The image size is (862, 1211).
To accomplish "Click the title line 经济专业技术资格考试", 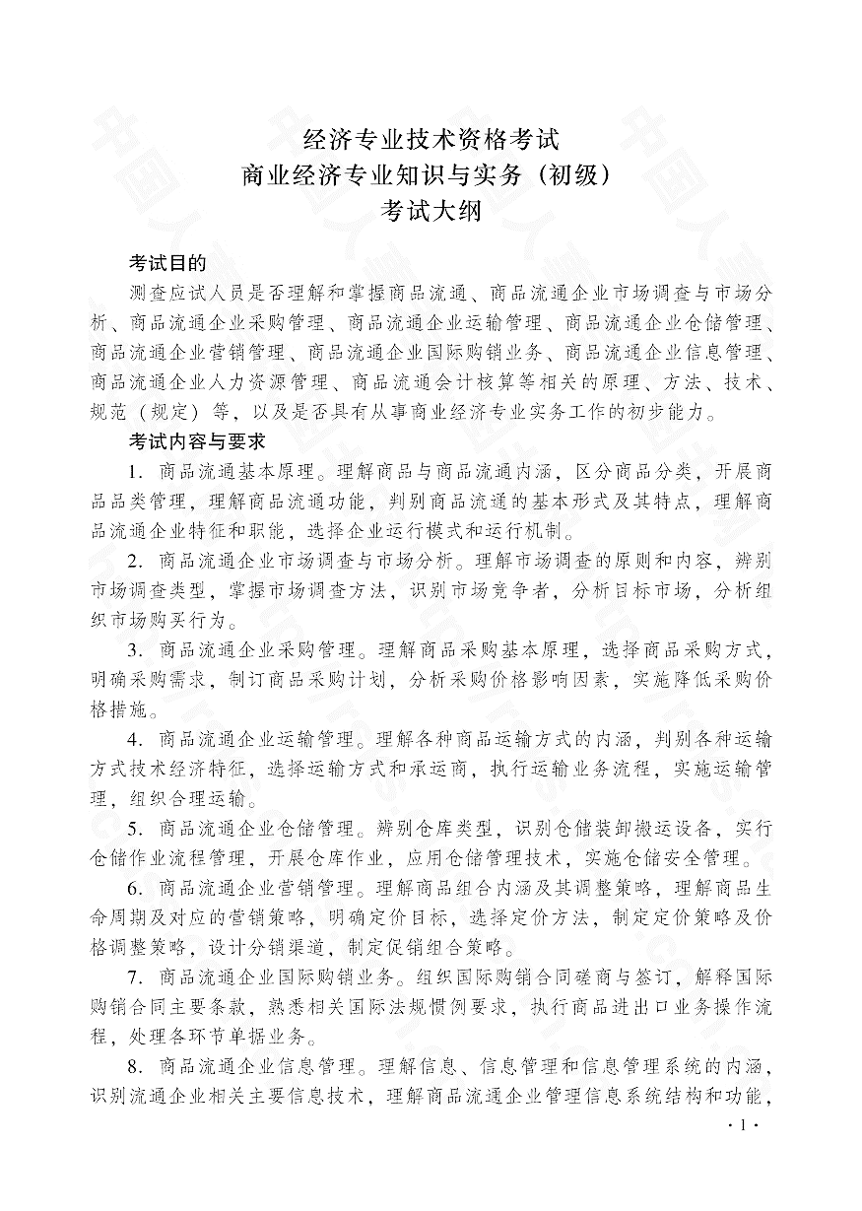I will click(431, 139).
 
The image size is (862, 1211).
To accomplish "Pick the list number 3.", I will click(136, 650).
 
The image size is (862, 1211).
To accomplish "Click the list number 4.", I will click(136, 739).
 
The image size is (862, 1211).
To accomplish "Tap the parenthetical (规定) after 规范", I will click(156, 410).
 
